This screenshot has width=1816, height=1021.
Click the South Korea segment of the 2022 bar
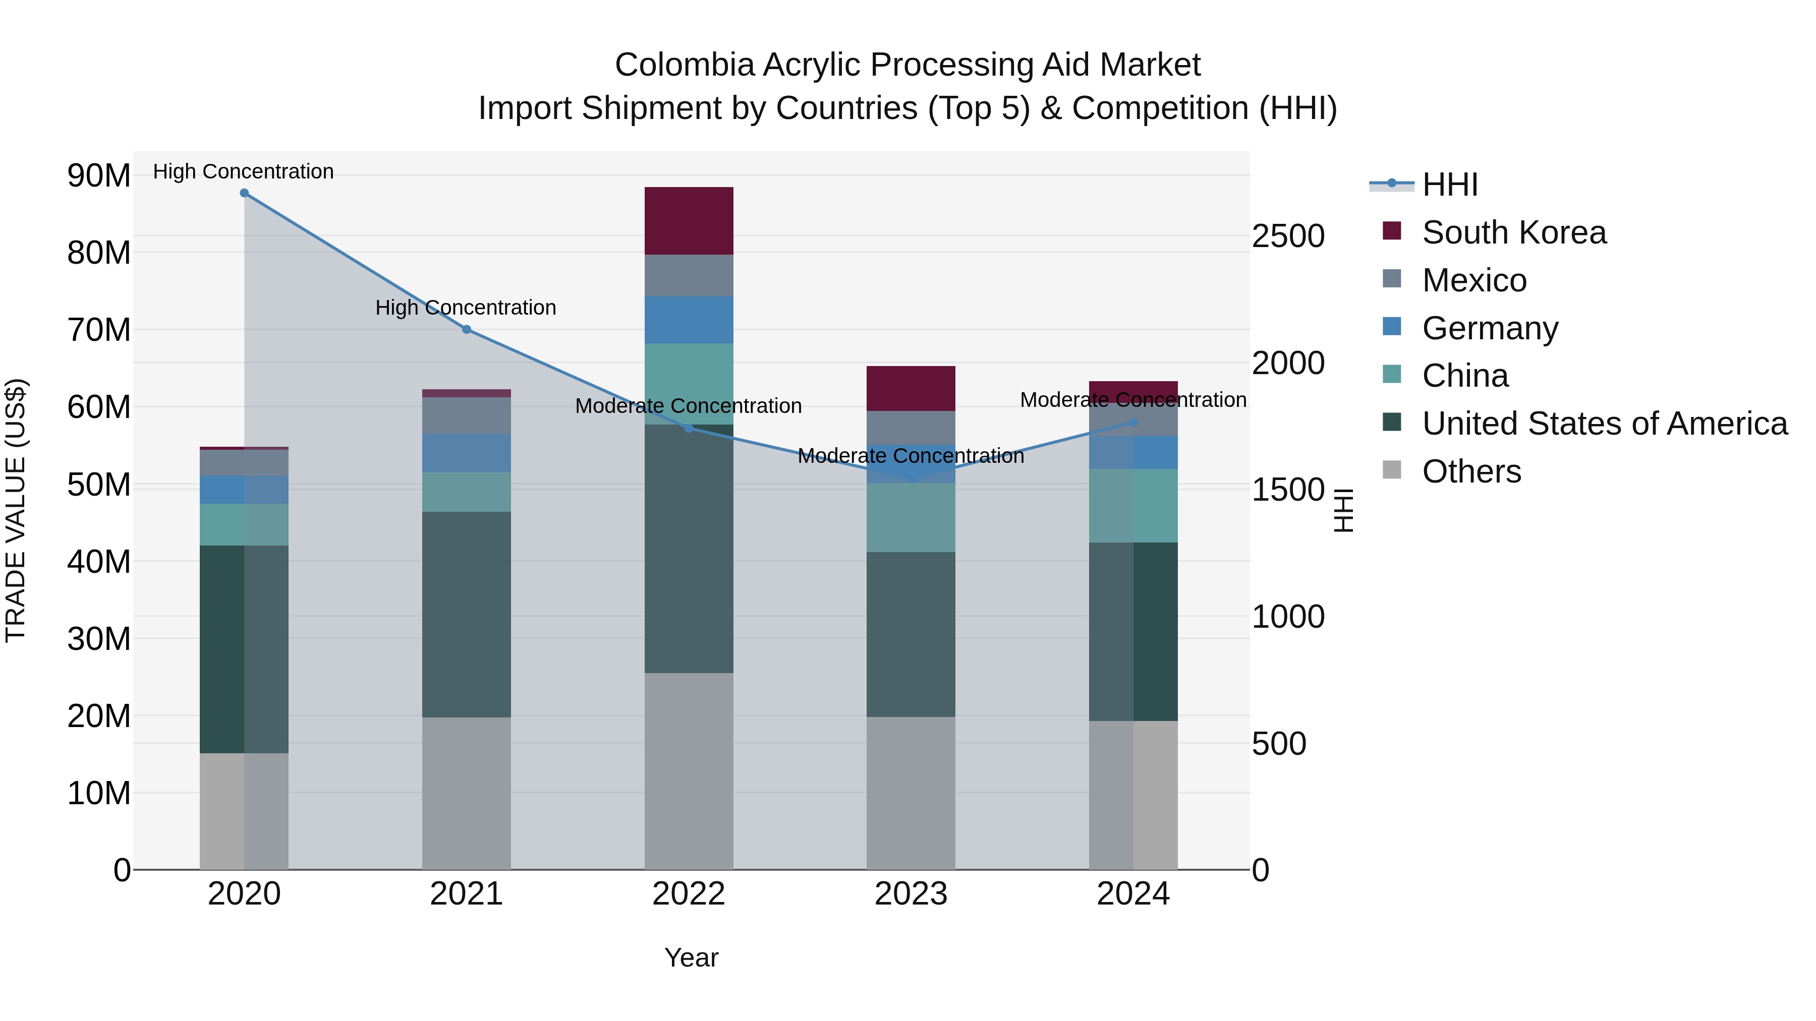[689, 220]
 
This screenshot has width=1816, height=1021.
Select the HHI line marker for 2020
[244, 193]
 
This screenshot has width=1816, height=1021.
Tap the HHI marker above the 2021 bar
[466, 330]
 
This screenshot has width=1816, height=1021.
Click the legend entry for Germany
[1489, 328]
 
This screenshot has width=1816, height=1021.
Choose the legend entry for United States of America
[1604, 424]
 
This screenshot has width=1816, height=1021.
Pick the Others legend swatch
[1392, 470]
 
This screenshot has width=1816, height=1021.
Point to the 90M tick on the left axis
[99, 175]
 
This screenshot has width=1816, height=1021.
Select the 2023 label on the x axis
[911, 894]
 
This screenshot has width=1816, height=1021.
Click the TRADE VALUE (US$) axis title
[16, 510]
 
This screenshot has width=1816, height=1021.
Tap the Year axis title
[691, 957]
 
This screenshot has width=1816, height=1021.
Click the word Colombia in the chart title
[684, 65]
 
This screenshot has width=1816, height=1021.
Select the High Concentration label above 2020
[243, 171]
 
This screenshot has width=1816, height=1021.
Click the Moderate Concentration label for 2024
[1133, 399]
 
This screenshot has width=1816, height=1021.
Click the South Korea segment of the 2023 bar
[911, 388]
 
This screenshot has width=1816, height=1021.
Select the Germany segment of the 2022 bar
[689, 320]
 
